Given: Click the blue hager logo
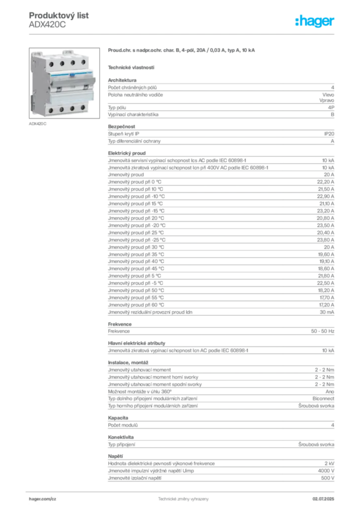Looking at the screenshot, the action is point(316,22).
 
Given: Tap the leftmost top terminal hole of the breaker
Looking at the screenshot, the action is point(51,64).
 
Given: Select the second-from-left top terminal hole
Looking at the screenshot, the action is point(62,64).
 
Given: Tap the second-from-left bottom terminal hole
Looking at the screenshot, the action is point(62,109).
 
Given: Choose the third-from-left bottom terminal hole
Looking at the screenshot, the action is point(73,108).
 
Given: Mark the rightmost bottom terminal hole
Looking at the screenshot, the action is point(83,107).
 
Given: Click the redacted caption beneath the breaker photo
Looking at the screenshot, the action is point(38,124).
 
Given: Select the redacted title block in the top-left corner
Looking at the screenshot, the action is point(60,20).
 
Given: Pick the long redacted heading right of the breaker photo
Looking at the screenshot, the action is point(183,51).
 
